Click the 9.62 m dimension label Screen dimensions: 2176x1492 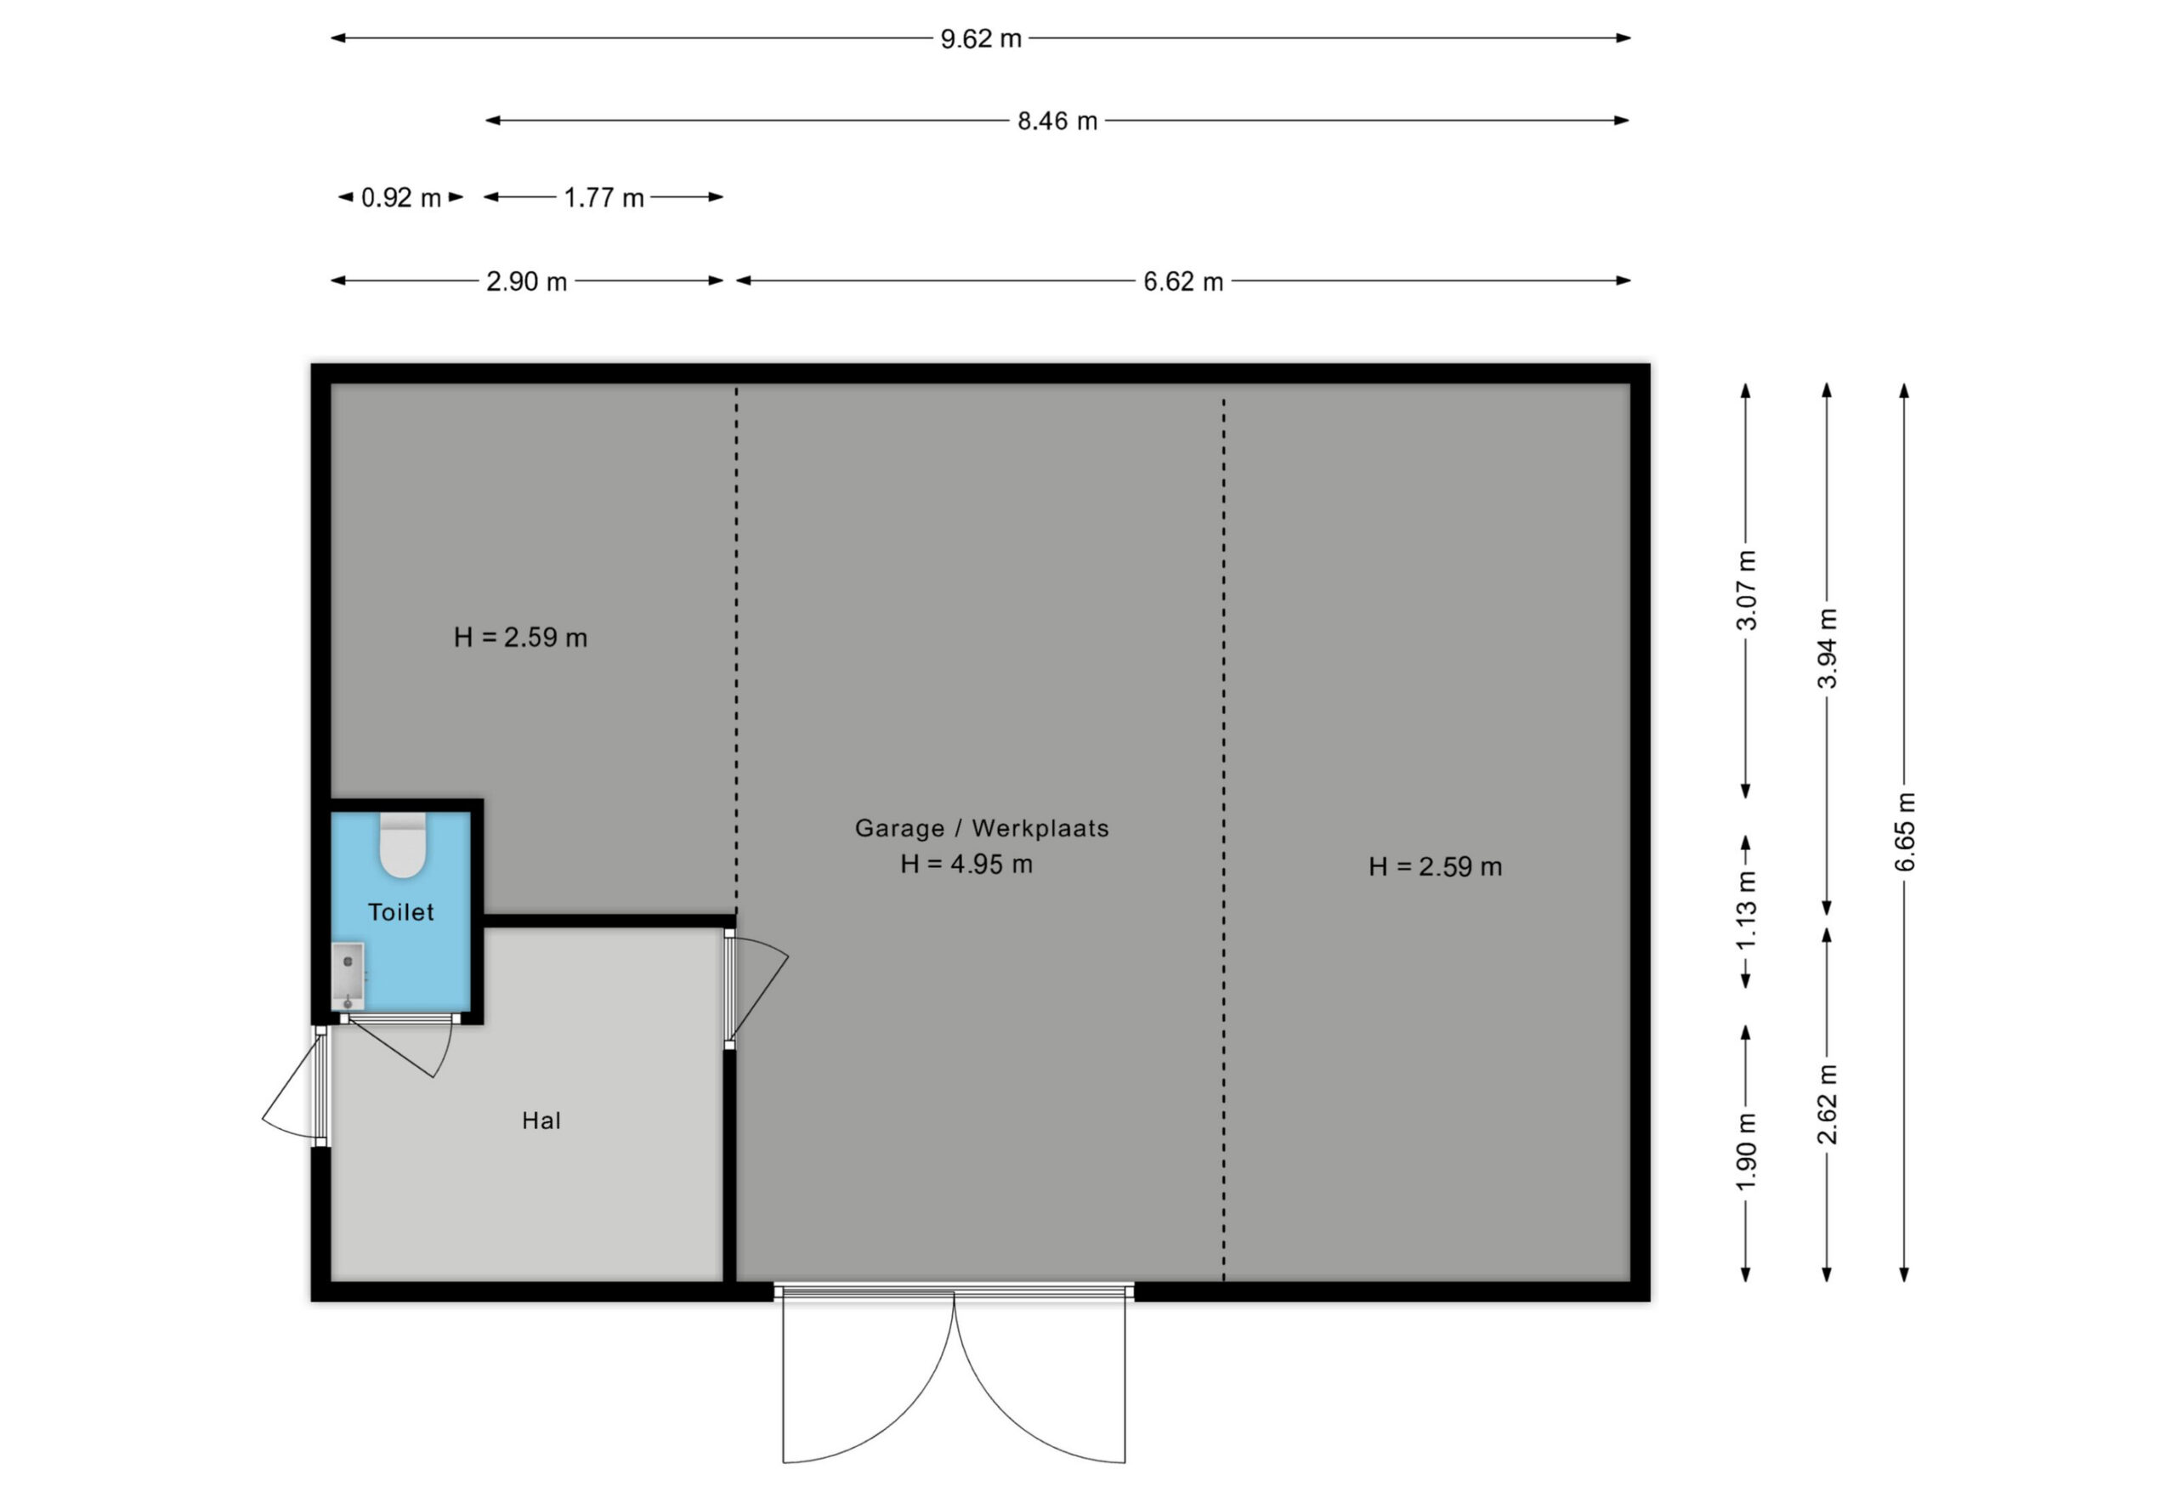[980, 39]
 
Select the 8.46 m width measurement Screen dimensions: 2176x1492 [1057, 121]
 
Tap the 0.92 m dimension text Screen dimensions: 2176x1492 [400, 197]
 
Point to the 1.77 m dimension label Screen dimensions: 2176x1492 [603, 197]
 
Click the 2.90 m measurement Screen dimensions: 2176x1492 [526, 281]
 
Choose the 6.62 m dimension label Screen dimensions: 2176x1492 [1183, 281]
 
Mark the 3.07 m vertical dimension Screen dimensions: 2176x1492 [1746, 590]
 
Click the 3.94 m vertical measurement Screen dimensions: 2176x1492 [1827, 648]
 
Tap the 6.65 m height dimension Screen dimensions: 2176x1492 [1906, 831]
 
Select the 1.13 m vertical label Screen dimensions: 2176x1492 [1746, 911]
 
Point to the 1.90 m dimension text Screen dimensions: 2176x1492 [1746, 1153]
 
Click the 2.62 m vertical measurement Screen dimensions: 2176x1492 [1827, 1105]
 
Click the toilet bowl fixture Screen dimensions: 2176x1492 [403, 846]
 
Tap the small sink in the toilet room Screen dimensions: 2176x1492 [348, 975]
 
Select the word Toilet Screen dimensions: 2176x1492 [400, 912]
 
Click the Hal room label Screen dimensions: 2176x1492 [541, 1120]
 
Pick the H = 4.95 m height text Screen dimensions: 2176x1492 [966, 864]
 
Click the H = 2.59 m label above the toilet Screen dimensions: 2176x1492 [520, 638]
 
